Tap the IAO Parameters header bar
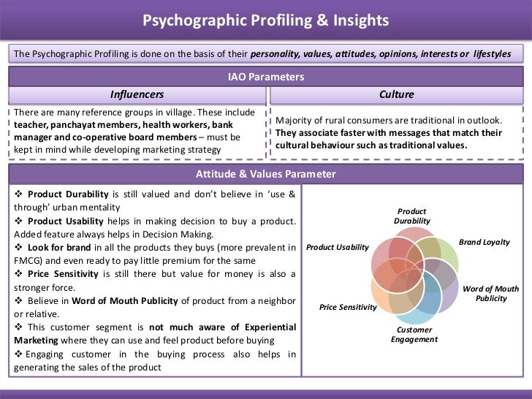coord(265,77)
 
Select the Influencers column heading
coord(137,94)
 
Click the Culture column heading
coord(397,94)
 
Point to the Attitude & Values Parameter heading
coord(265,174)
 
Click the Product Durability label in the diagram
coord(412,216)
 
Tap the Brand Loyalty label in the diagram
coord(484,242)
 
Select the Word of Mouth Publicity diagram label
coord(491,294)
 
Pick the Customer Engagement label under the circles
coord(414,334)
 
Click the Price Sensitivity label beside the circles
coord(348,308)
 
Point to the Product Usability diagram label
coord(338,248)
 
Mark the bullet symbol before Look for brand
coord(18,248)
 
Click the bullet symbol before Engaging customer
coord(18,354)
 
